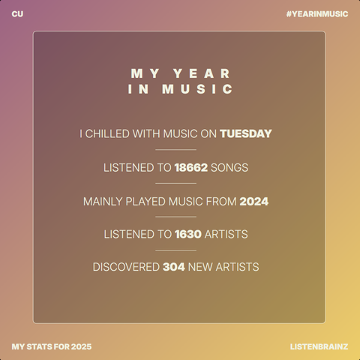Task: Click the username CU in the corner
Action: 17,14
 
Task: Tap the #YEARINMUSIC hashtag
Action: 316,14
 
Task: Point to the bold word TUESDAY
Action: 245,134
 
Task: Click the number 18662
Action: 190,167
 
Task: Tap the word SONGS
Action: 229,167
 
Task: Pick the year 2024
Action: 253,201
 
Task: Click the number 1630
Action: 187,234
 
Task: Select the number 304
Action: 174,267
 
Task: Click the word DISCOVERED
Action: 126,267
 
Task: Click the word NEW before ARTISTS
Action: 200,267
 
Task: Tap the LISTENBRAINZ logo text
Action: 319,346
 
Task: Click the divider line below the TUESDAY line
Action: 175,150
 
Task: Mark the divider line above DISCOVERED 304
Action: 175,250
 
